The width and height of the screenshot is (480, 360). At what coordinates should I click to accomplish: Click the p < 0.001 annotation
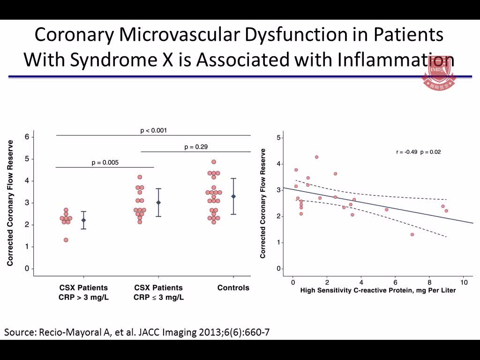tap(154, 130)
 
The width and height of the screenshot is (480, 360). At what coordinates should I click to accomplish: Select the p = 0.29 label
tap(196, 147)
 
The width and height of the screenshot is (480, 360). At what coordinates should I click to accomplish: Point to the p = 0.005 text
tap(105, 163)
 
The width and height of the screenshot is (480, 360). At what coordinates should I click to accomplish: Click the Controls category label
tap(233, 287)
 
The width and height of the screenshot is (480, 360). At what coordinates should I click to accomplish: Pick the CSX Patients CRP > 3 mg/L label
tap(83, 292)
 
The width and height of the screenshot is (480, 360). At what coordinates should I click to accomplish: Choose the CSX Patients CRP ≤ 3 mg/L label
tap(158, 292)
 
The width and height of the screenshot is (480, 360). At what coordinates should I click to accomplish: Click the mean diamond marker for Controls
tap(233, 196)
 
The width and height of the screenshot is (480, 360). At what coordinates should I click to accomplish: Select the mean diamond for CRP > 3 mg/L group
tap(84, 220)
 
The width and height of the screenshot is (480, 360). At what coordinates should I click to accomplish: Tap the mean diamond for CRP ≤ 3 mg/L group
tap(158, 202)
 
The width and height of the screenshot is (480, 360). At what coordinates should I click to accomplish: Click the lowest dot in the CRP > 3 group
tap(66, 240)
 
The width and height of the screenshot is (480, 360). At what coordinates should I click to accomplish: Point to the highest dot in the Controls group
tap(214, 162)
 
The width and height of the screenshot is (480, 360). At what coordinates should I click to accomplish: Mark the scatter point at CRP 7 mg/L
tap(412, 234)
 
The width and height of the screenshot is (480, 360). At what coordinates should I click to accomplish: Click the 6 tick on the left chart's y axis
tap(27, 137)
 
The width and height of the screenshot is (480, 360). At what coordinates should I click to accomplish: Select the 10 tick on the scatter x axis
tap(464, 283)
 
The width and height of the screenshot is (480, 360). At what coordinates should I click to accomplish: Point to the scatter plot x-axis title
tap(378, 291)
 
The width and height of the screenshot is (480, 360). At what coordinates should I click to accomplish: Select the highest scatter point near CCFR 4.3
tap(316, 157)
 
